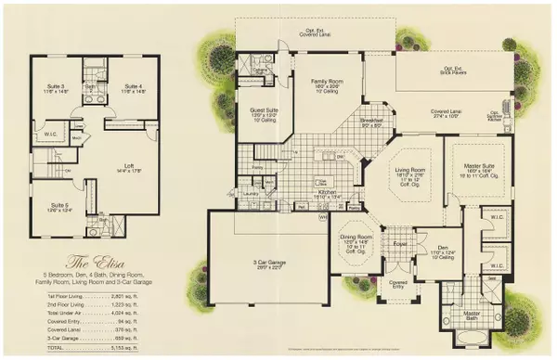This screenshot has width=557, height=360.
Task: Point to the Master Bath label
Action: pyautogui.click(x=472, y=315)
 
